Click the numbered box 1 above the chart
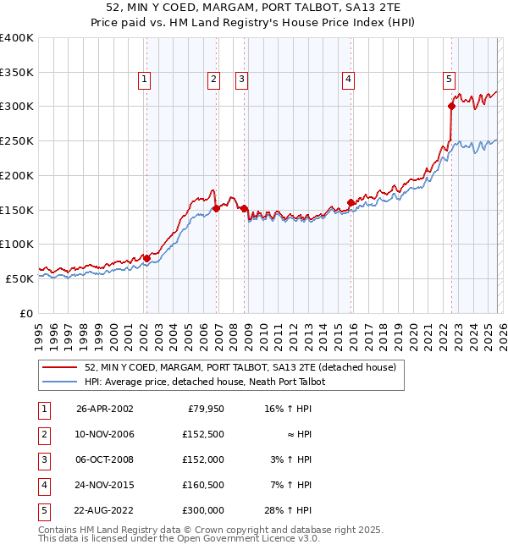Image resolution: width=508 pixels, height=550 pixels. tap(145, 80)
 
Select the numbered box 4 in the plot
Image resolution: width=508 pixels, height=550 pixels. tap(348, 80)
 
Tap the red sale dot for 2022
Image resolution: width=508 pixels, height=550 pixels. tap(451, 107)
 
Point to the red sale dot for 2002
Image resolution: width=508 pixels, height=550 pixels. tap(146, 258)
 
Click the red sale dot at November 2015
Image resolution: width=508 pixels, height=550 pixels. tap(351, 202)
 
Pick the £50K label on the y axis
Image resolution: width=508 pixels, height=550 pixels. tap(19, 278)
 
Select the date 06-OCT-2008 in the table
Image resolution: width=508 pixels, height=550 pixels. tap(104, 459)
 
